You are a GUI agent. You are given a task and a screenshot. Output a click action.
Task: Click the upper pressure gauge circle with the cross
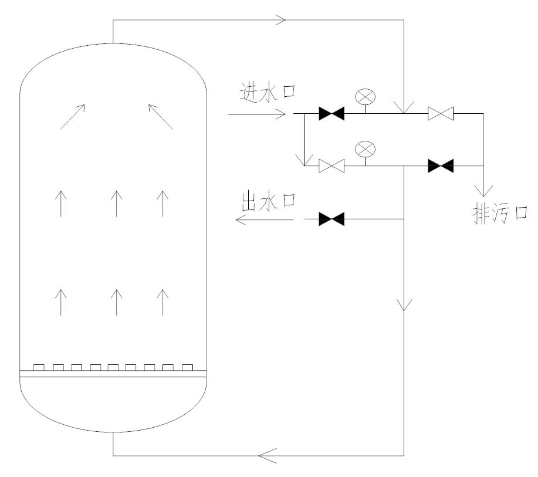(365, 96)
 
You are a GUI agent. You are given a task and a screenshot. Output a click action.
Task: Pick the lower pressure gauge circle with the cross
(365, 149)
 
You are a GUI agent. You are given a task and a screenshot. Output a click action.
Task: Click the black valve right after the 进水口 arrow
(331, 113)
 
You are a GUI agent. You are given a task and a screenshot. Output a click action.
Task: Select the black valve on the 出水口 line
(331, 220)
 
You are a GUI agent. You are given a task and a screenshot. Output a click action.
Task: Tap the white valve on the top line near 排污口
(440, 113)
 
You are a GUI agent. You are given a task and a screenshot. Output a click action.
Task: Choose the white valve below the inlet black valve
(331, 166)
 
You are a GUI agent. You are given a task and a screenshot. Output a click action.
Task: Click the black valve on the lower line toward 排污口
(440, 166)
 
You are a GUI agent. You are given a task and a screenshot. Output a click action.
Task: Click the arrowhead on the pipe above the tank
(280, 19)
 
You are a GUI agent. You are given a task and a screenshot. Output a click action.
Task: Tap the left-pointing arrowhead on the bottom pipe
(267, 454)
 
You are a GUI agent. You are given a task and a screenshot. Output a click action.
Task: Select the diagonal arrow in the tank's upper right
(160, 116)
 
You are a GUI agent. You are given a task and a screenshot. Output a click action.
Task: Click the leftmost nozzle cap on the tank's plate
(38, 368)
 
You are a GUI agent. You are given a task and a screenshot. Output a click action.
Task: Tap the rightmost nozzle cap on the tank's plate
(187, 368)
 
